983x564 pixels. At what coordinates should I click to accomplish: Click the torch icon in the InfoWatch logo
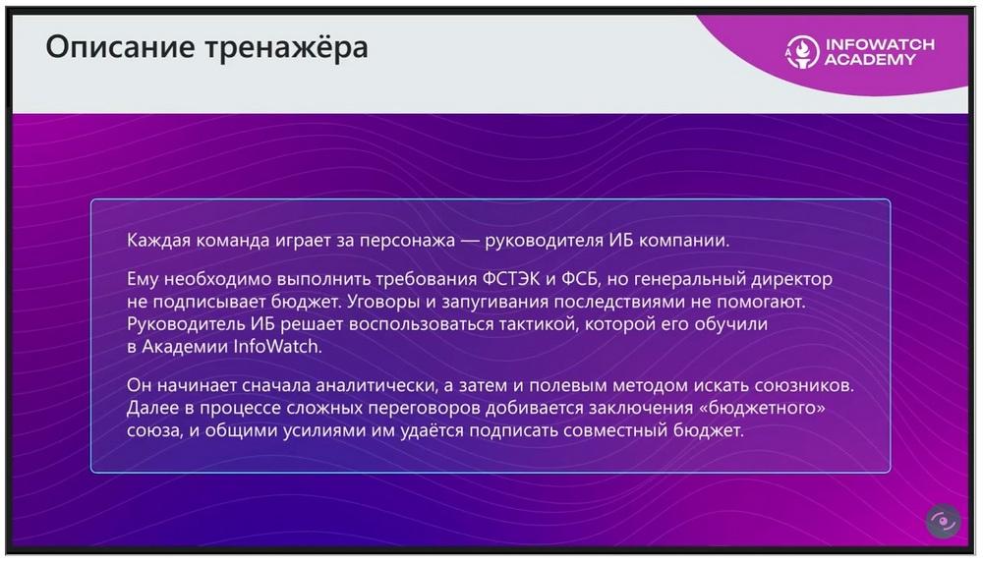point(802,51)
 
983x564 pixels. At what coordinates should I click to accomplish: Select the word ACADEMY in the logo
point(870,60)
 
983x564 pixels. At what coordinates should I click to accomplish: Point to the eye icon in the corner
point(943,521)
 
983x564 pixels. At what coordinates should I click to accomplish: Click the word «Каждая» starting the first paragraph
point(158,241)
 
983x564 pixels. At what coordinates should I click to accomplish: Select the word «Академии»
point(185,347)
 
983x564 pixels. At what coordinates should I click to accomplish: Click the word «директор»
point(791,279)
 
